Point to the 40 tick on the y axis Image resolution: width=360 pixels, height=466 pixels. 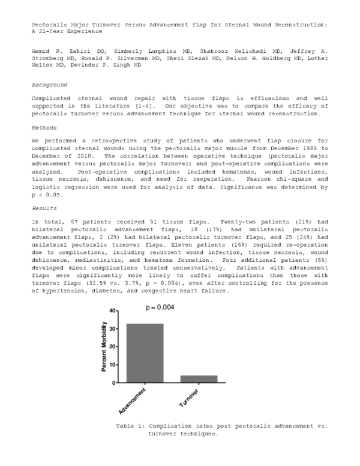click(x=114, y=311)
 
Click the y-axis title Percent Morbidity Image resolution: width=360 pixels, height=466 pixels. click(x=104, y=346)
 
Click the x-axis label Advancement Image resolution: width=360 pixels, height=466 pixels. click(x=133, y=402)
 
